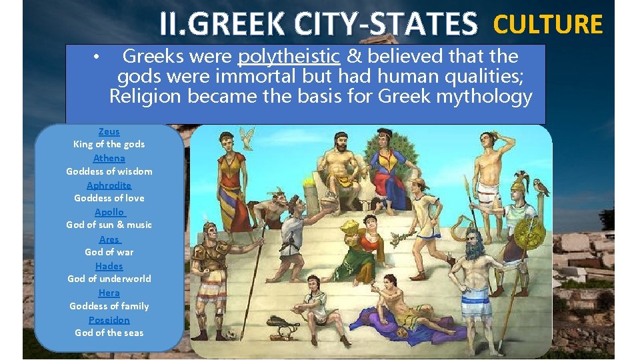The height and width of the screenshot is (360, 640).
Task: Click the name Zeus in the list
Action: (x=109, y=131)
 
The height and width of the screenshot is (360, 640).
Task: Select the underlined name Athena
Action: (x=109, y=158)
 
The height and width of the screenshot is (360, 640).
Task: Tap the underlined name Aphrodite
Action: (x=109, y=185)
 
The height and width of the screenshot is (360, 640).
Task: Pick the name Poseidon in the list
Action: (x=109, y=319)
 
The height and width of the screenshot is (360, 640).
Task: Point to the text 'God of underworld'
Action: (x=109, y=279)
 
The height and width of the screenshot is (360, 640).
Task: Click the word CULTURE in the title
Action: (x=547, y=25)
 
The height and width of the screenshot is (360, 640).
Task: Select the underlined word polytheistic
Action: (x=289, y=57)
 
